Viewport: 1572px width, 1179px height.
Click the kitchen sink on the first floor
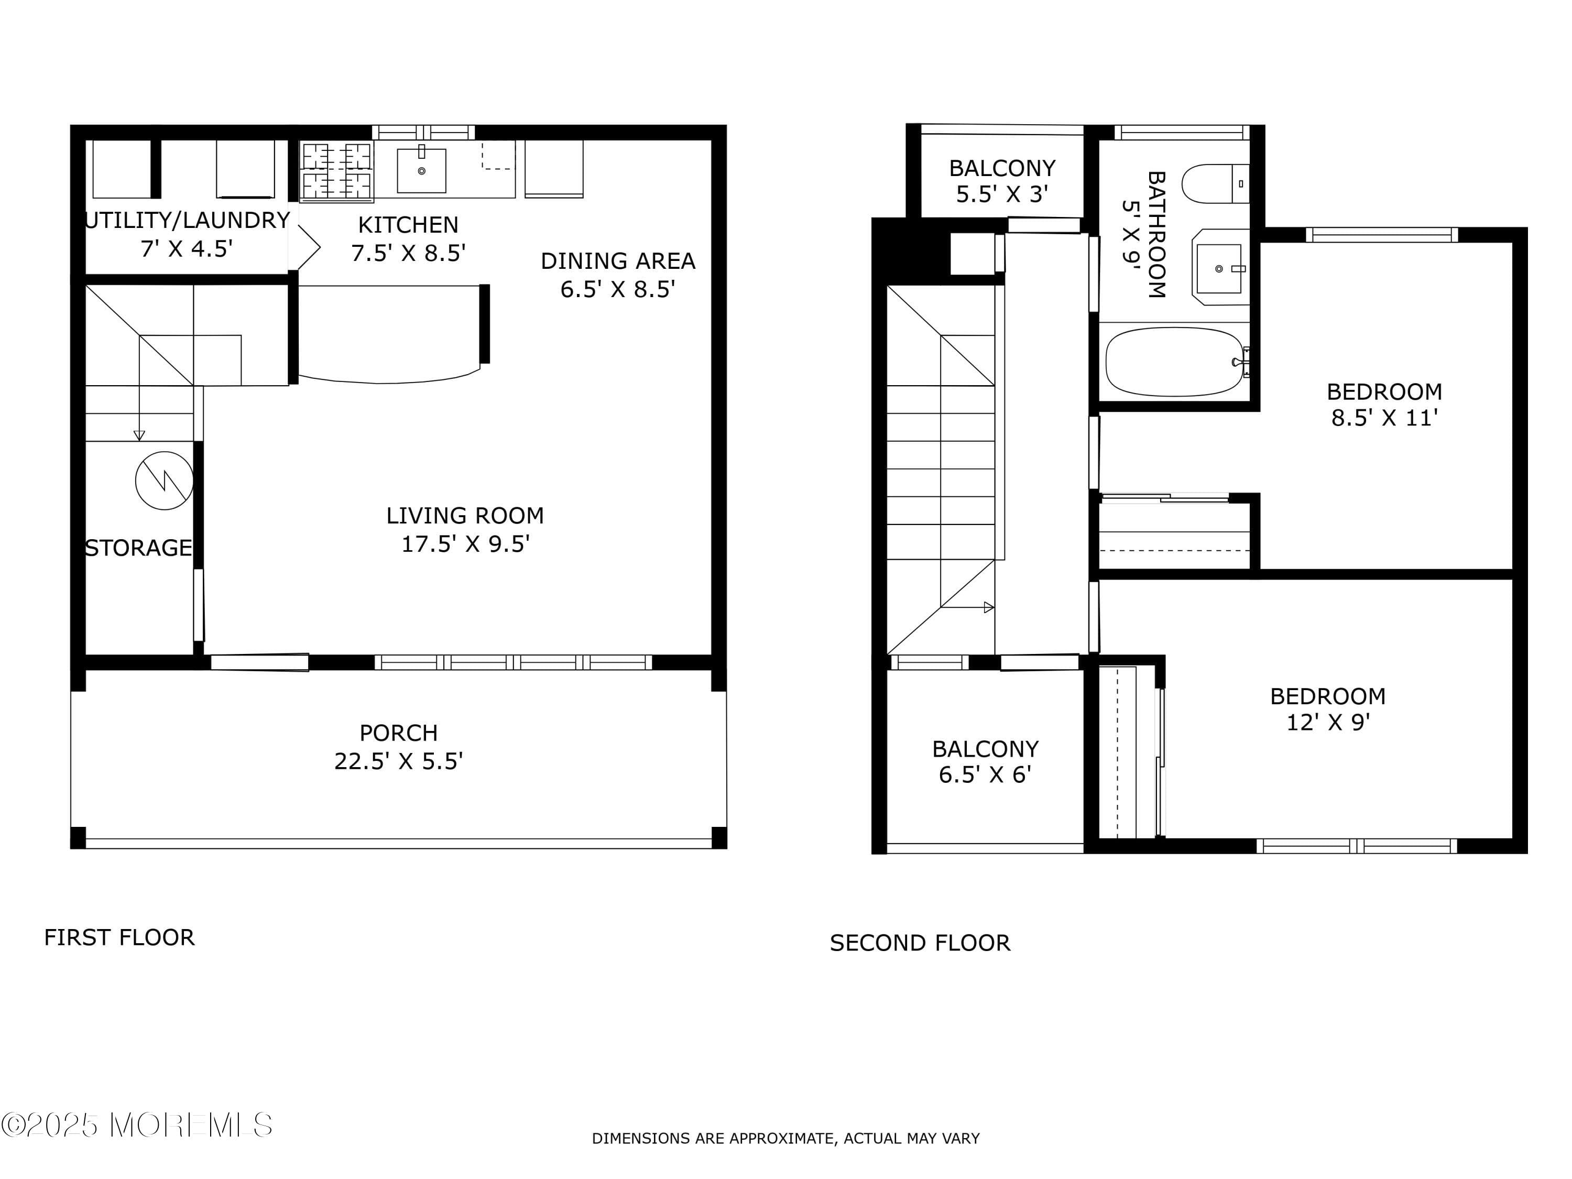click(x=421, y=170)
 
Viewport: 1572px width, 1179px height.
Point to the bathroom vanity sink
click(x=1219, y=269)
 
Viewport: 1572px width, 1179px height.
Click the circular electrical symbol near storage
click(x=164, y=481)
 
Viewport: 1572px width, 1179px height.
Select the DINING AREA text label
click(x=618, y=261)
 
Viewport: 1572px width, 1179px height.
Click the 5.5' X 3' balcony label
click(x=1002, y=181)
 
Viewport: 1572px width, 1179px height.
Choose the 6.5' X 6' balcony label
click(x=985, y=761)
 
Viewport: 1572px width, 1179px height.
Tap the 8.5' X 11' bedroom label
click(x=1384, y=405)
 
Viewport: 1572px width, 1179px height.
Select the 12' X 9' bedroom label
click(x=1327, y=708)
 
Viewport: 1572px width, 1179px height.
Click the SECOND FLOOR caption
click(x=920, y=943)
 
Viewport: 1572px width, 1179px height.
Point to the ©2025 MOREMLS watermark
click(x=136, y=1125)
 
